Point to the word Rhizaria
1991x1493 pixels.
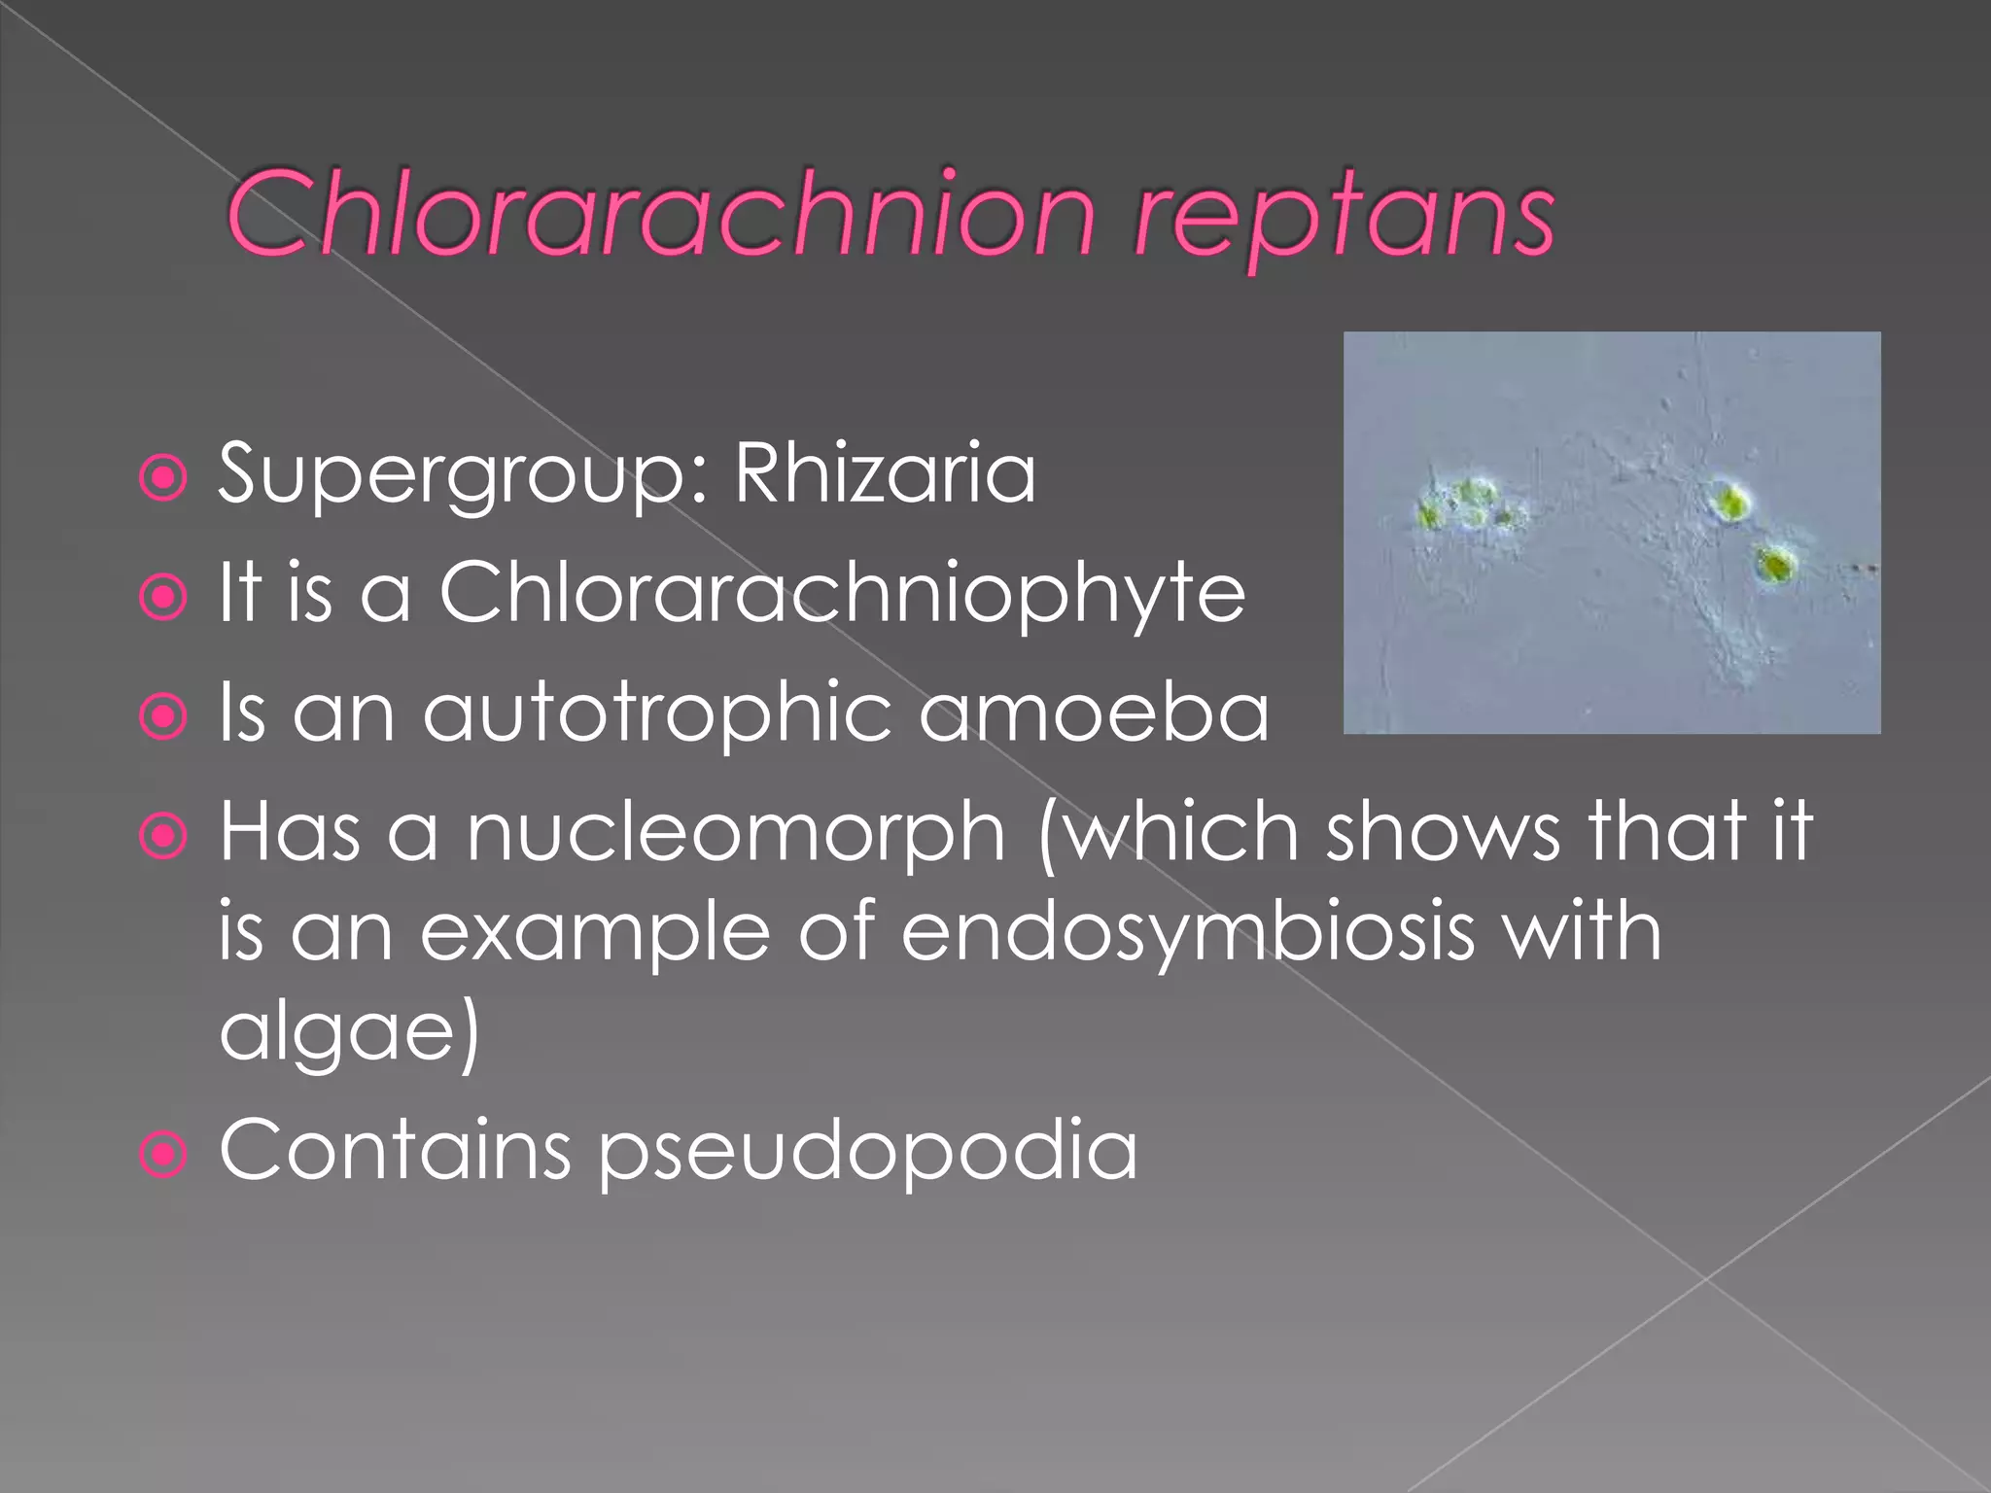[885, 473]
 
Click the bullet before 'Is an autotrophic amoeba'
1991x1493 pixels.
[163, 716]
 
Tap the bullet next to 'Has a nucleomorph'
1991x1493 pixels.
[163, 836]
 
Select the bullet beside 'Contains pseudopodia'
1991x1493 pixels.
[163, 1155]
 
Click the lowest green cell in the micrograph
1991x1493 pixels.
[1776, 564]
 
